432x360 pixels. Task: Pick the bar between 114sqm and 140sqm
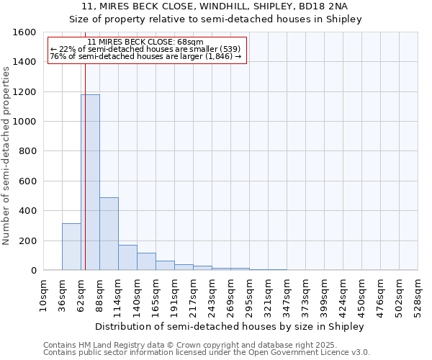point(127,258)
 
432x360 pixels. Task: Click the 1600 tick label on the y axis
point(25,32)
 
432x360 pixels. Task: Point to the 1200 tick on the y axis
point(25,92)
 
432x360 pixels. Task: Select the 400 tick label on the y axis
point(28,211)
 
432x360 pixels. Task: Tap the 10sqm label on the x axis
point(43,295)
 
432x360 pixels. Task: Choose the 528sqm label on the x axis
point(418,295)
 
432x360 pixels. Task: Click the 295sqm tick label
point(249,295)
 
